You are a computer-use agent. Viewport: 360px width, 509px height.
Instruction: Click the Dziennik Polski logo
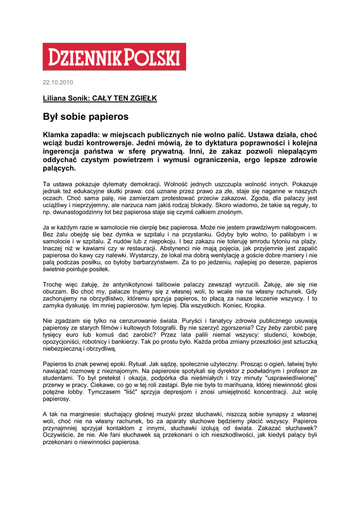click(x=114, y=56)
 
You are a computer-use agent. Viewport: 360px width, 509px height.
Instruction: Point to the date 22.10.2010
click(x=58, y=82)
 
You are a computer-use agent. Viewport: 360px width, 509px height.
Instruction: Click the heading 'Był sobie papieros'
click(x=86, y=117)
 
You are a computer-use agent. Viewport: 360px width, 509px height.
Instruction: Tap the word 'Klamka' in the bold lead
click(x=56, y=135)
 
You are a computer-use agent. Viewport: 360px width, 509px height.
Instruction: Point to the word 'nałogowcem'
click(x=296, y=227)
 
